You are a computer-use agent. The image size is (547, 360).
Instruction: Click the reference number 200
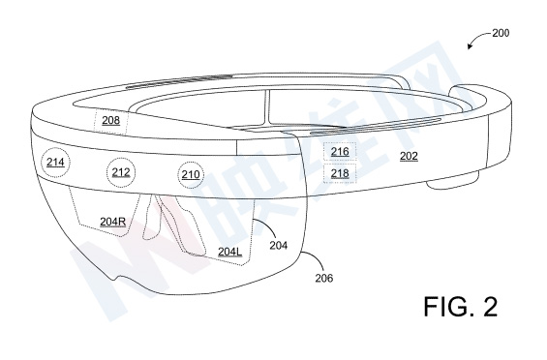(x=501, y=33)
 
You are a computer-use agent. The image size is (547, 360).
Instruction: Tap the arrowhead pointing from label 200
(x=470, y=46)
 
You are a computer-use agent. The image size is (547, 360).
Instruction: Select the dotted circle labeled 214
(x=55, y=163)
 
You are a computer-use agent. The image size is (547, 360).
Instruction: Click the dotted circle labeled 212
(x=121, y=172)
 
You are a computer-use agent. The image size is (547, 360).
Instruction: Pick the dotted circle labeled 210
(x=191, y=174)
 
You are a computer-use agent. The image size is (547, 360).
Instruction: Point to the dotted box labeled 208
(x=111, y=121)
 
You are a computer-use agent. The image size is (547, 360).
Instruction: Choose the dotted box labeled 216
(x=340, y=151)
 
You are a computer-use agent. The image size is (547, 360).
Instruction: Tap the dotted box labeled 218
(x=340, y=173)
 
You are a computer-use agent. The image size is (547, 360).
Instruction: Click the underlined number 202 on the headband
(x=409, y=156)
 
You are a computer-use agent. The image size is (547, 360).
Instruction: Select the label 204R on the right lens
(x=112, y=222)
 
